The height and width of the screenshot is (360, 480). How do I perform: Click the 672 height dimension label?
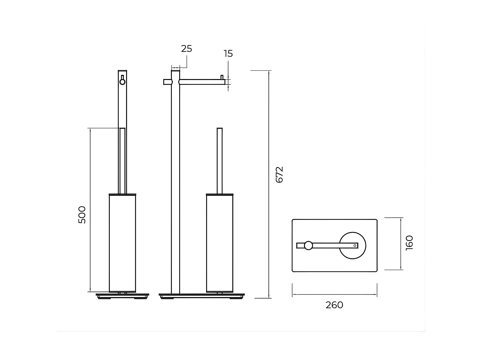tap(279, 174)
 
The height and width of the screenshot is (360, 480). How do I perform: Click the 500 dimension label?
tap(82, 215)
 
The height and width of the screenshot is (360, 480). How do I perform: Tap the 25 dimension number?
tap(186, 49)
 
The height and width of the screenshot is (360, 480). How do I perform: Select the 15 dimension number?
tap(228, 54)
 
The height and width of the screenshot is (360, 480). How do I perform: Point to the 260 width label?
tap(334, 305)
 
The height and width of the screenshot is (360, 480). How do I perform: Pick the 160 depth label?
tap(409, 243)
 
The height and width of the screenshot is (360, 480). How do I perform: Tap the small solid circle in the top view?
tap(308, 245)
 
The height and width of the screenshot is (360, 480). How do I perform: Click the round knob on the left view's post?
tap(122, 82)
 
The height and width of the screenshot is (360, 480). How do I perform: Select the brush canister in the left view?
tap(123, 243)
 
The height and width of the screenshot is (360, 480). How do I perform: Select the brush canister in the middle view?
tap(220, 243)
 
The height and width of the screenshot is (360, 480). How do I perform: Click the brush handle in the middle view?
tap(220, 160)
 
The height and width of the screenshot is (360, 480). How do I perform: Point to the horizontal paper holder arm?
tap(202, 82)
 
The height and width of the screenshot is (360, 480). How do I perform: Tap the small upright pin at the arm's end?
tap(221, 77)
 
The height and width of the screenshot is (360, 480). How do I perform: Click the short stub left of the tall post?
tap(167, 82)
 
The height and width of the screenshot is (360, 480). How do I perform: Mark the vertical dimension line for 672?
tap(269, 184)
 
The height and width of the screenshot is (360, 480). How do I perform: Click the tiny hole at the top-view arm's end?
tap(355, 245)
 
